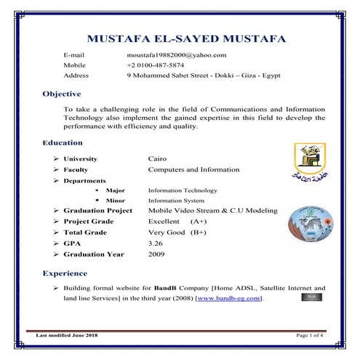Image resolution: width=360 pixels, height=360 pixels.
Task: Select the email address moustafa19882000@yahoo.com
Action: [177, 55]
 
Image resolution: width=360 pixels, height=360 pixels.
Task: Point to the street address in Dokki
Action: [203, 76]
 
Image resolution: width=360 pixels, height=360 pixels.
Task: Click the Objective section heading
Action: [62, 94]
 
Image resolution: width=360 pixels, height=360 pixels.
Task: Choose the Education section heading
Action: [64, 143]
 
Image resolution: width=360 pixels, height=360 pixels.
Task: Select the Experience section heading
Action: [65, 273]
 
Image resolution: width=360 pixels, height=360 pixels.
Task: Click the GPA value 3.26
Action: [156, 243]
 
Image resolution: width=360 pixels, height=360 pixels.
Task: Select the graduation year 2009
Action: [156, 254]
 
